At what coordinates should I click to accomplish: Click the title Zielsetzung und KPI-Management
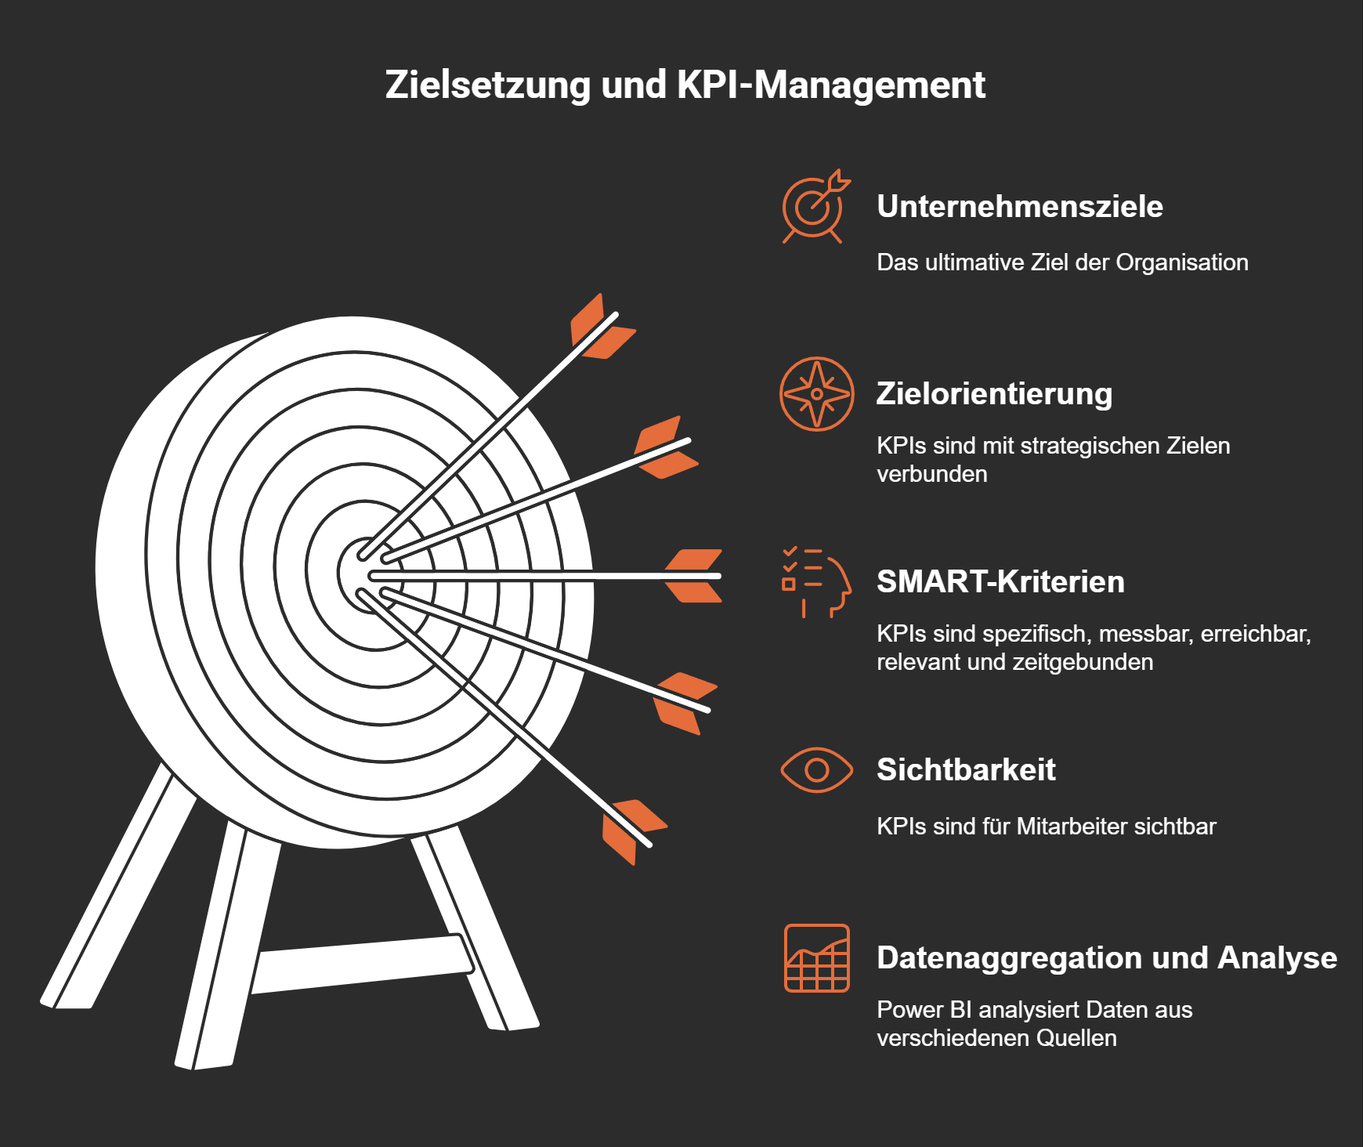coord(685,85)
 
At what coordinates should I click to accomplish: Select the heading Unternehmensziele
coord(1019,207)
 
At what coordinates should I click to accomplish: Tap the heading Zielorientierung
coord(993,393)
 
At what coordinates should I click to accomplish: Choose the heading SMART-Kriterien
coord(1000,581)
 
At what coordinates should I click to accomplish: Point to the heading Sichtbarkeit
coord(966,769)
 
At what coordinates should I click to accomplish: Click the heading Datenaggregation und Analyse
coord(1106,957)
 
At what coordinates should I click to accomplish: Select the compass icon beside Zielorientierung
coord(816,394)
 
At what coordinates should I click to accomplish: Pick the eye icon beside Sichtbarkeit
coord(816,770)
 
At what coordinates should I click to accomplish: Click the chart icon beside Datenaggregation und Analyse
coord(816,958)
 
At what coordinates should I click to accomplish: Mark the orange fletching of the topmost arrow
coord(602,327)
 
